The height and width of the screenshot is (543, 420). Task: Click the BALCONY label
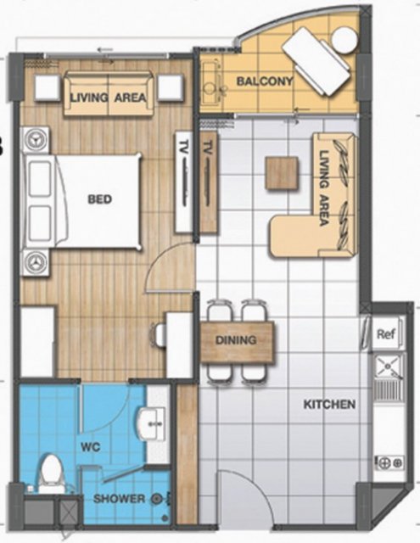(265, 81)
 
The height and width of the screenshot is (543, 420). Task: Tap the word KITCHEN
(329, 404)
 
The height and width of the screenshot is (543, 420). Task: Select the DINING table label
(236, 340)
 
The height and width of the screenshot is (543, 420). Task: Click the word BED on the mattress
(100, 199)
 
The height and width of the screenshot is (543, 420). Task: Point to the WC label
(91, 447)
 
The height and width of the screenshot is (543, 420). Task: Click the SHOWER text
(119, 499)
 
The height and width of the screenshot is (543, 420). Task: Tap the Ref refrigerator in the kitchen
(386, 334)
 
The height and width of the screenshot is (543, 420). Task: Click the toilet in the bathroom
(51, 473)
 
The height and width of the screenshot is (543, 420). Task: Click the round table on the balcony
(344, 40)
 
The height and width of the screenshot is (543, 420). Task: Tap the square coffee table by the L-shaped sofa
(282, 173)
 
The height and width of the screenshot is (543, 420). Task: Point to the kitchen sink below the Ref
(389, 390)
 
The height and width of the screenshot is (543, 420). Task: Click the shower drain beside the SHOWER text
(157, 499)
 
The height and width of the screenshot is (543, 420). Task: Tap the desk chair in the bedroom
(158, 334)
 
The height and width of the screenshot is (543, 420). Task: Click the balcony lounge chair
(316, 62)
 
